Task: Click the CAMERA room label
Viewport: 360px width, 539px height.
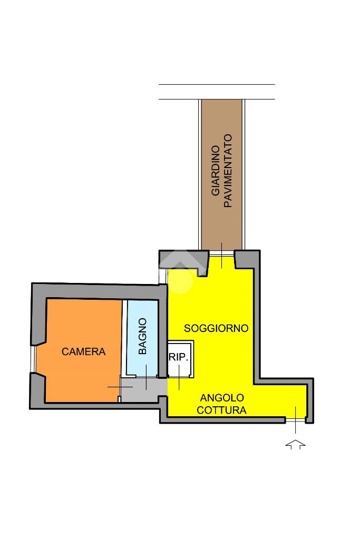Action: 84,351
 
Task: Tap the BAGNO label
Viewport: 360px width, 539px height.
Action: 142,336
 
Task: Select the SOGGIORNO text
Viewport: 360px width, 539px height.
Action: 216,328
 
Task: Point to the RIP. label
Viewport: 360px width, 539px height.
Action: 179,357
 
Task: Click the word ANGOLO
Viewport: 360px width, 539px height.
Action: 222,398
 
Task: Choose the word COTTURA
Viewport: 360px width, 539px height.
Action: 222,410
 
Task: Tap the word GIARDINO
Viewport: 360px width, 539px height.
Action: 216,171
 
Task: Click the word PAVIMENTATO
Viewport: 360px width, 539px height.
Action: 228,171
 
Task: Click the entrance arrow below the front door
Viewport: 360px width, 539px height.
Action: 295,444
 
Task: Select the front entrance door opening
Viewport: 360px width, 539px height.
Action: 295,420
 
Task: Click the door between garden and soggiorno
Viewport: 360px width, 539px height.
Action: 222,253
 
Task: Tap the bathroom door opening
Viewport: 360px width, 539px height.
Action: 146,376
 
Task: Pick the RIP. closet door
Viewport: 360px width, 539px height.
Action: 179,377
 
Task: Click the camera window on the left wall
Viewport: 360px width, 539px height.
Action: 33,359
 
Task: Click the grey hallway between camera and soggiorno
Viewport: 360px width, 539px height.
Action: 143,389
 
